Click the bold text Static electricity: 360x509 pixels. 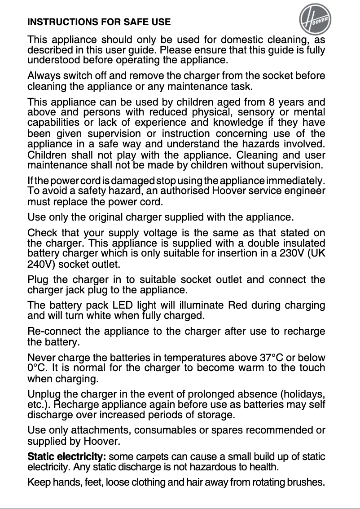pyautogui.click(x=66, y=457)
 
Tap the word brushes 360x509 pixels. pyautogui.click(x=306, y=483)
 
